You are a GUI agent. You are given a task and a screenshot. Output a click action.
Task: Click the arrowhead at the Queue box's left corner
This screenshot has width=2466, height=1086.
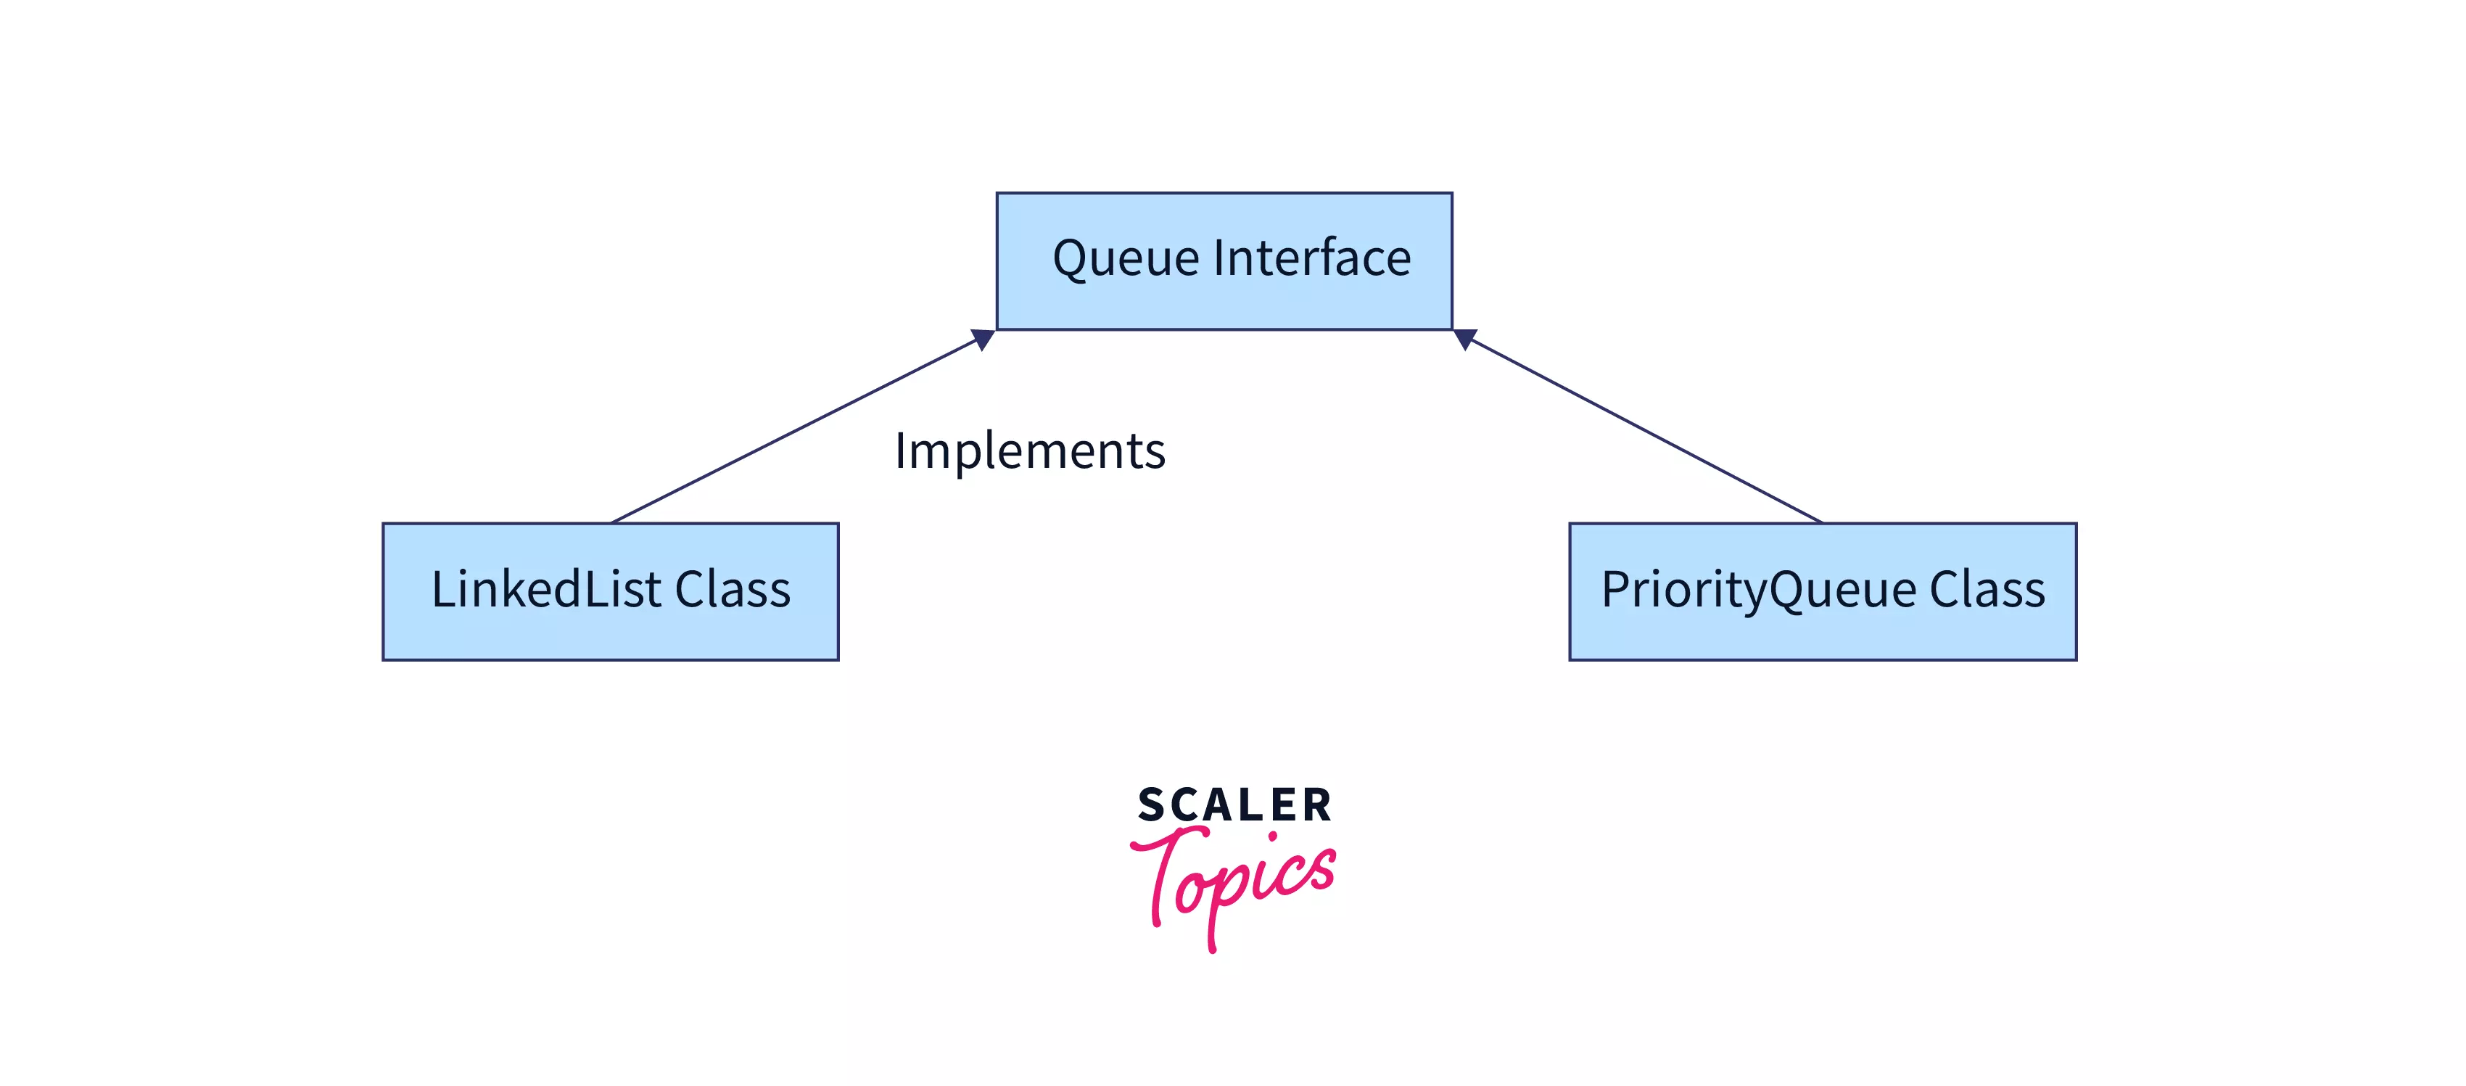983,339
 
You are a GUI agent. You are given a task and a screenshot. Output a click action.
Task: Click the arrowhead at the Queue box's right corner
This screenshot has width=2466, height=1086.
1464,339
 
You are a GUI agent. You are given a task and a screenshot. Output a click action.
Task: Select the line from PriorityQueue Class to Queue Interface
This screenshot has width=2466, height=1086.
1642,429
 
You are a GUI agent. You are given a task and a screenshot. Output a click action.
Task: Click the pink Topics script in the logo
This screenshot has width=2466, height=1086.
1235,881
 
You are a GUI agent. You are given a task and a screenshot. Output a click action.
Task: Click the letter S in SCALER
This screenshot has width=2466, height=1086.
1152,805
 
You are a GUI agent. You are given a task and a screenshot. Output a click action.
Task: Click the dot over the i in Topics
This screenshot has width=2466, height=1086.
1272,836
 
